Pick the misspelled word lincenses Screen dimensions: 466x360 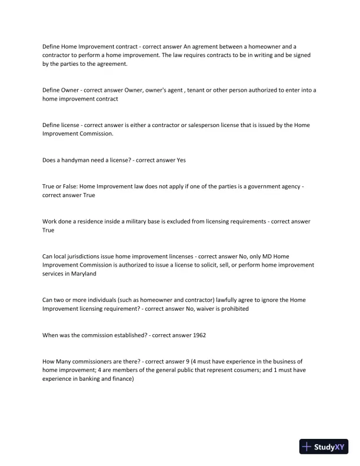[x=176, y=257]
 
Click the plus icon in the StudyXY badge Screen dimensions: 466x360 [x=306, y=447]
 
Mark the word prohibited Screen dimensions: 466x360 [x=234, y=309]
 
